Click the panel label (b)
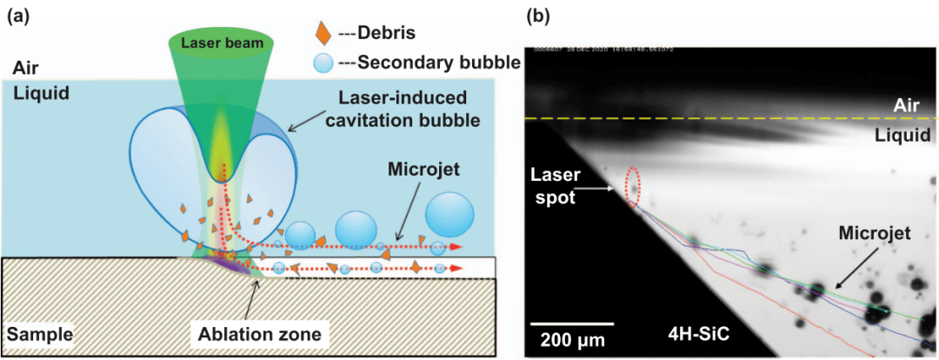[540, 14]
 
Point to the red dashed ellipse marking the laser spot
[634, 186]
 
